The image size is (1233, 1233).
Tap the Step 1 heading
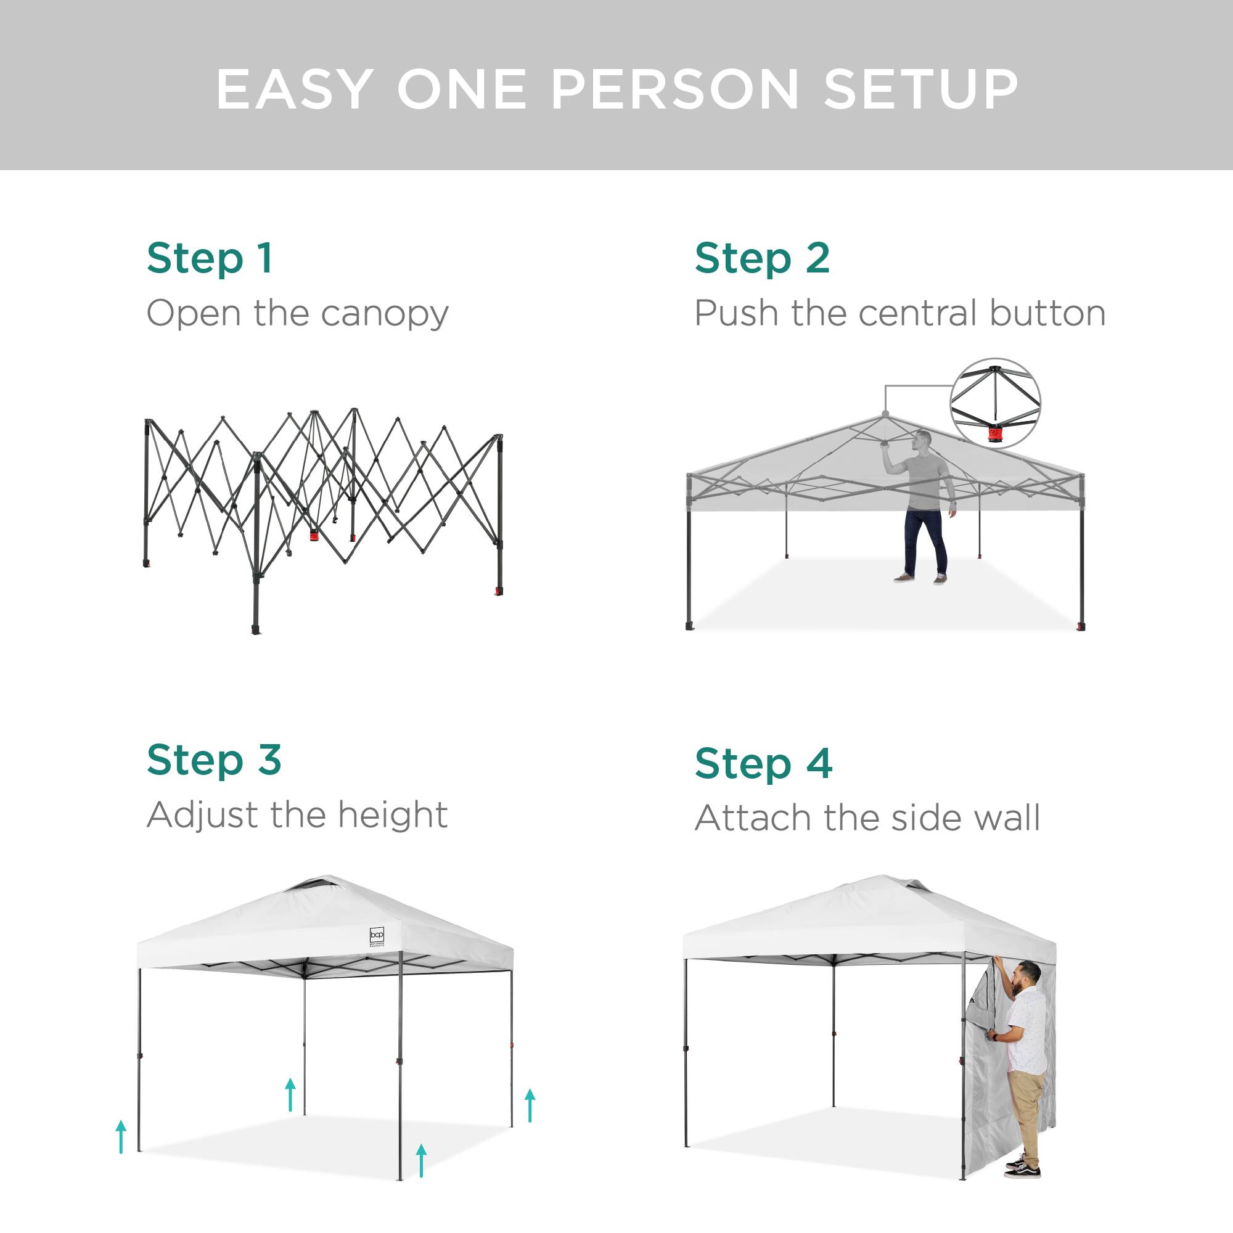click(210, 258)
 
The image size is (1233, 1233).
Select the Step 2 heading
click(762, 258)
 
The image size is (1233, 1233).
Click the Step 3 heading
click(214, 760)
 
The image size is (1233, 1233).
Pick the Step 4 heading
click(763, 763)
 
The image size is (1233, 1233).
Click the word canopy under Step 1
click(385, 314)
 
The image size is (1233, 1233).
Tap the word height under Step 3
click(393, 815)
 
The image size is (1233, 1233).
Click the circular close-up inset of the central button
click(995, 403)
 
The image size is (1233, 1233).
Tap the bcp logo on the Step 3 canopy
click(377, 936)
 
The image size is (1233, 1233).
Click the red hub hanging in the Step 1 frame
click(314, 536)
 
